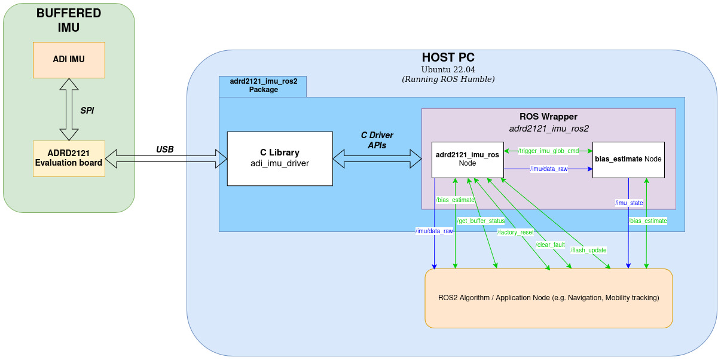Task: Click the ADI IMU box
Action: tap(69, 60)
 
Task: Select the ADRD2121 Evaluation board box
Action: tap(69, 158)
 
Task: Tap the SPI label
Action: tap(87, 111)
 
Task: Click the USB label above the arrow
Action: tap(164, 149)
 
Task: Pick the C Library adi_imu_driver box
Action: tap(279, 158)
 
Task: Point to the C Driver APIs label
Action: tap(377, 141)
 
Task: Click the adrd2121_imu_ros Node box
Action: tap(468, 159)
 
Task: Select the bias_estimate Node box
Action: tap(628, 159)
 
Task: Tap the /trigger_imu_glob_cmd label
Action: tap(548, 151)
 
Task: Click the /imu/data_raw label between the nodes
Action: tap(548, 169)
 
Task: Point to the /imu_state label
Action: tap(629, 203)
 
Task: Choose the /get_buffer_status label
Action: tap(481, 221)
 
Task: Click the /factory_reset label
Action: tap(515, 232)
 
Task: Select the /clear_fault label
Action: tap(550, 245)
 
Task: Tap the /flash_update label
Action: tap(588, 250)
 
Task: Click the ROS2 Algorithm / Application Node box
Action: tap(548, 298)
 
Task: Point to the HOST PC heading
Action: tap(448, 58)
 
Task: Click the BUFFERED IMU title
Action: tap(69, 20)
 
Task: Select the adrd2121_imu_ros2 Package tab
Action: tap(263, 86)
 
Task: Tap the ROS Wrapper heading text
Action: tap(548, 117)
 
